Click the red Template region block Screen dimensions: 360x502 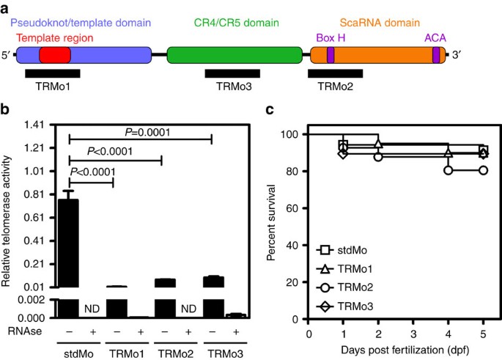55,55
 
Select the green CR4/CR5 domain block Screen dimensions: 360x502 235,55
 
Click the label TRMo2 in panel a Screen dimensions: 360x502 335,87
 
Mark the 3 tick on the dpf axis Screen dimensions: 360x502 413,332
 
